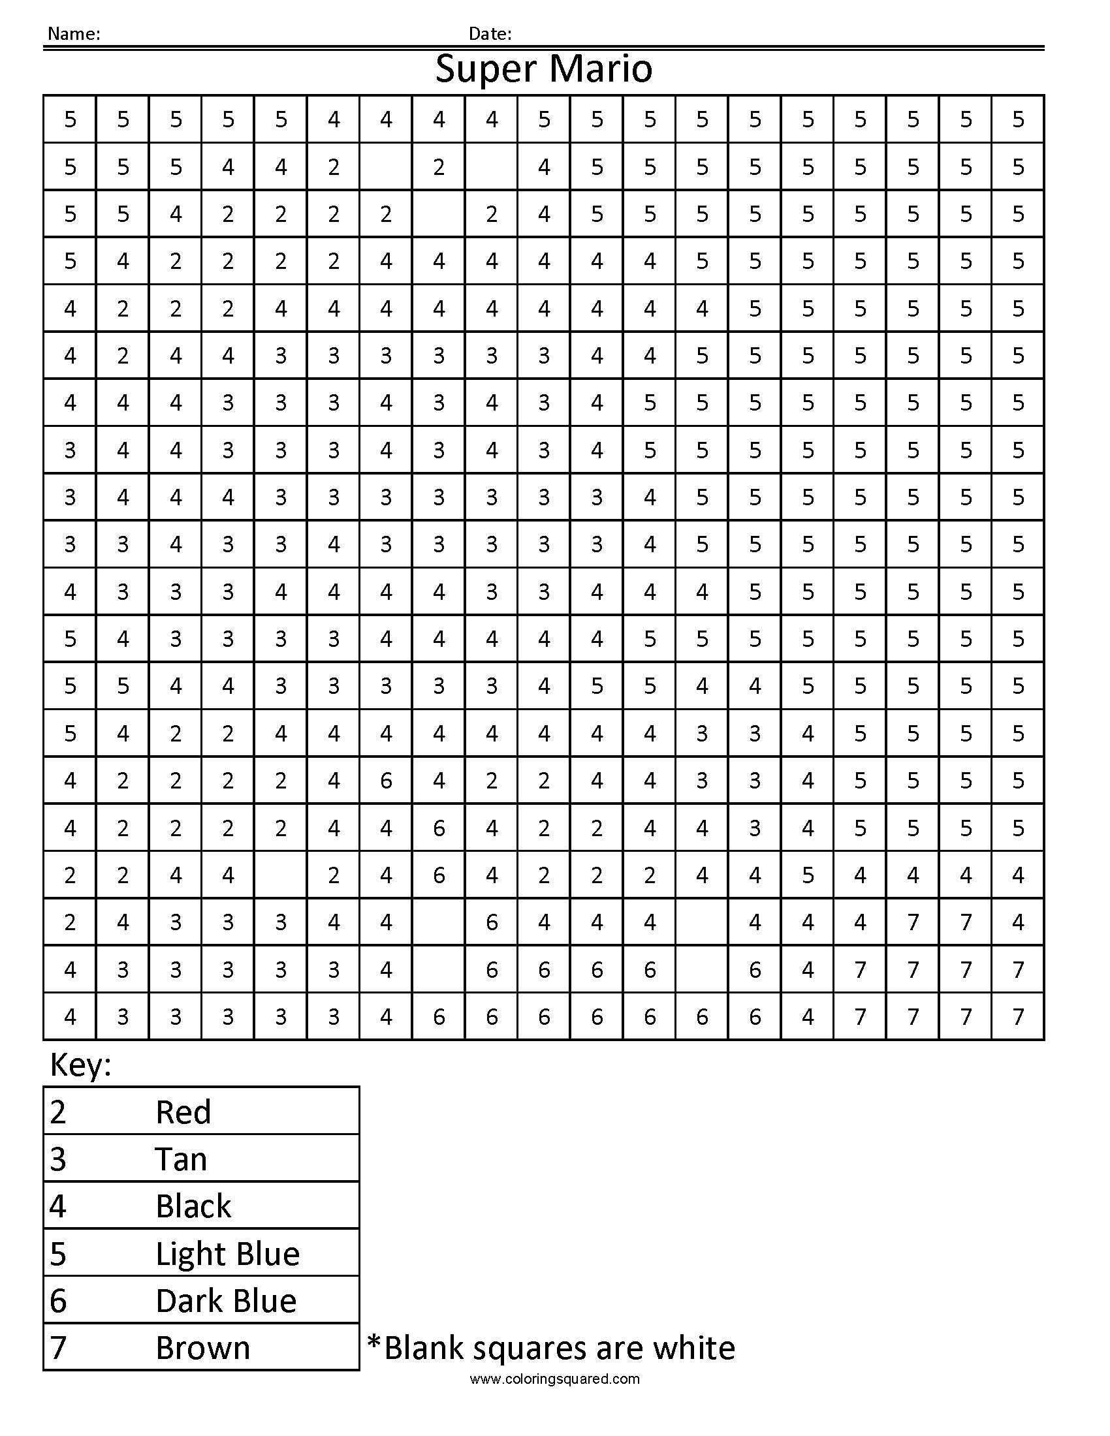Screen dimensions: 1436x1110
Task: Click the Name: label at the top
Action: point(74,34)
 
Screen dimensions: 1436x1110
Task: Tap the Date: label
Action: point(490,34)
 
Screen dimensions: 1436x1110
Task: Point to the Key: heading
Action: point(81,1065)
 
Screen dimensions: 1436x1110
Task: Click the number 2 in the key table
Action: point(58,1112)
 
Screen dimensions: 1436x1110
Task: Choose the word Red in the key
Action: point(183,1112)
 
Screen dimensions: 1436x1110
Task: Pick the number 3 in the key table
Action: point(58,1159)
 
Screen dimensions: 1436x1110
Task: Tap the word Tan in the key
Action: point(181,1159)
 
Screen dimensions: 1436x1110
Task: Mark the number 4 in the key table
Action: point(58,1206)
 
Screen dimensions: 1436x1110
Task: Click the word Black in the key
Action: point(193,1206)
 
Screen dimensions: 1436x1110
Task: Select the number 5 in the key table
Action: point(58,1254)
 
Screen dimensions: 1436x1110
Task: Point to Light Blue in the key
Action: point(227,1254)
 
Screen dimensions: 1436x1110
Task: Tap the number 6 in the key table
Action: point(58,1301)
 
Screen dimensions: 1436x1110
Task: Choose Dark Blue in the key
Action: point(226,1301)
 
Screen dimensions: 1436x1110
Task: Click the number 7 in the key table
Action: point(58,1349)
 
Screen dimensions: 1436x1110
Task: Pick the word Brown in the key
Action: point(202,1349)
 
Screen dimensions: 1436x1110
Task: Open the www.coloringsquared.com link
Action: point(554,1379)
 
